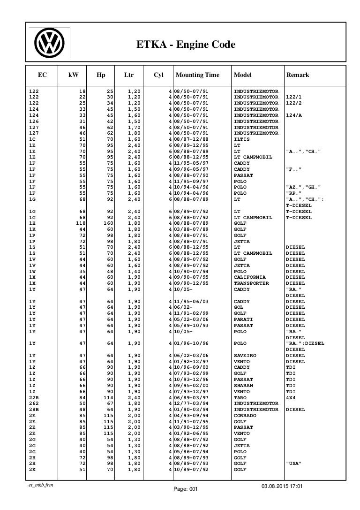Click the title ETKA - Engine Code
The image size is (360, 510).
185,45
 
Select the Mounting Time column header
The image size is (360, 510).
197,75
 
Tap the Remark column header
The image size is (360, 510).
297,75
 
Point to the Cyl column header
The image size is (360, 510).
158,75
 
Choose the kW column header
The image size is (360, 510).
73,75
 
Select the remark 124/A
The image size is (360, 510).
294,114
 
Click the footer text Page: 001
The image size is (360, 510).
186,502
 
